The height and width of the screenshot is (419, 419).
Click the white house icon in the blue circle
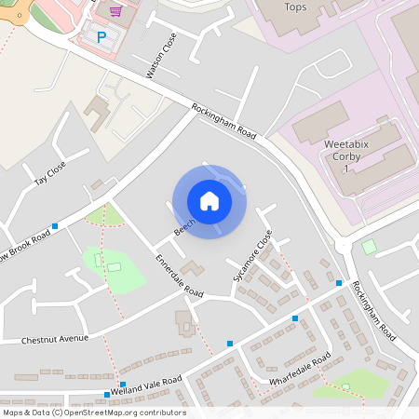tap(209, 200)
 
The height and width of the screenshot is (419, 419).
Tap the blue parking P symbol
tap(101, 36)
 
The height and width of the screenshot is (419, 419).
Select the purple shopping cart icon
tap(115, 11)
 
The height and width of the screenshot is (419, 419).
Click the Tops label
tap(295, 7)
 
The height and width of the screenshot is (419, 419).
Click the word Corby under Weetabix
tap(346, 157)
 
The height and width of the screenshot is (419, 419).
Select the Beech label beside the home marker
tap(182, 224)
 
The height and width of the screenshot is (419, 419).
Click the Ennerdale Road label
tap(179, 276)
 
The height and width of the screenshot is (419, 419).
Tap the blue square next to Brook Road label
tap(56, 226)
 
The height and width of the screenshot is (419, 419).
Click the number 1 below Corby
tap(346, 169)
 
